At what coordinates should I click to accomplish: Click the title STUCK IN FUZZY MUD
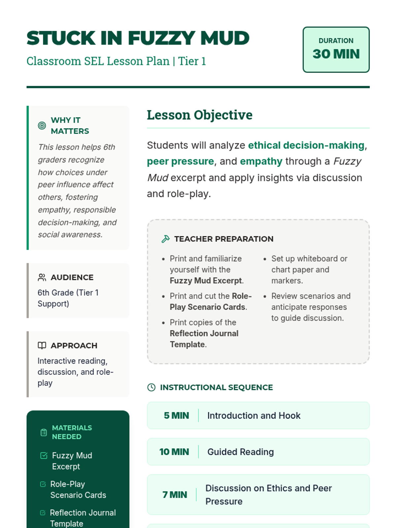[138, 38]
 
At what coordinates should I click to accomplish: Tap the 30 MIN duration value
[336, 54]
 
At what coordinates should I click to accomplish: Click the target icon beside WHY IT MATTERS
[42, 125]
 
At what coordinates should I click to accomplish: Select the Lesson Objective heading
[199, 115]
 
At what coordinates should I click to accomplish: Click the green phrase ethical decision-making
[306, 145]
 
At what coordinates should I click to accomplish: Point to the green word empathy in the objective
[261, 161]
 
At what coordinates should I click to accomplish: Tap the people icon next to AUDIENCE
[42, 277]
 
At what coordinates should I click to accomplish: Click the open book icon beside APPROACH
[42, 346]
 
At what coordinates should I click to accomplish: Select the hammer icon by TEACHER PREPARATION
[165, 239]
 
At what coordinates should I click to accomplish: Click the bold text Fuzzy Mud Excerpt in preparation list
[206, 280]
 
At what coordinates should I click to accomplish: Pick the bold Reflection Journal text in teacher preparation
[204, 333]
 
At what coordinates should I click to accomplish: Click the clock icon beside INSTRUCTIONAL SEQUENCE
[151, 387]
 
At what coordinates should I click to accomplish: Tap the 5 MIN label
[176, 415]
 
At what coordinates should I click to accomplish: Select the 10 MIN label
[174, 452]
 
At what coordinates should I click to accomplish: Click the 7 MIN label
[175, 495]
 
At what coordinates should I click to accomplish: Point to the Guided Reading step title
[240, 452]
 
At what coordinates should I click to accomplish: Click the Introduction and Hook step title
[253, 415]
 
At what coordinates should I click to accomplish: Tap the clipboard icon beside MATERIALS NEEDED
[44, 432]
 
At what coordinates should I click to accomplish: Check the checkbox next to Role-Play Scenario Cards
[43, 484]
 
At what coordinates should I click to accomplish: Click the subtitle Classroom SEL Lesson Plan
[98, 61]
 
